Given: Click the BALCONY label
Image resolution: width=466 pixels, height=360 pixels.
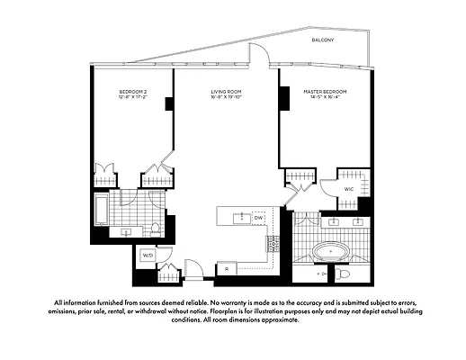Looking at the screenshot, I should coord(323,41).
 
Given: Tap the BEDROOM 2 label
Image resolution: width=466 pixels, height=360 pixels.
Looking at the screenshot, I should coord(133,92).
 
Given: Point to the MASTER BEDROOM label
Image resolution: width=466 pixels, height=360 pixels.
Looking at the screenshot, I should coord(325,92).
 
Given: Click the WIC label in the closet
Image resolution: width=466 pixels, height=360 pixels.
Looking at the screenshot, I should coord(348,190).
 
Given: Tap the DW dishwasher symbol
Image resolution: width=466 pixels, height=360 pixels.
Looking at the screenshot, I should coord(258,218).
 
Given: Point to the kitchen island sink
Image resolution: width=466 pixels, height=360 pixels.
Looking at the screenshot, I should coord(240,218).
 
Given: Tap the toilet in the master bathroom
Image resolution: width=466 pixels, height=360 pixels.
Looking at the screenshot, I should coord(343,274).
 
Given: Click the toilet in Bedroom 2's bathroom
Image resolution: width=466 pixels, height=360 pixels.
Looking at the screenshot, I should coord(156,229).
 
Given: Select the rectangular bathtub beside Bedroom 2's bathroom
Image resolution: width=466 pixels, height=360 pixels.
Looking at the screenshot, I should coord(101,211).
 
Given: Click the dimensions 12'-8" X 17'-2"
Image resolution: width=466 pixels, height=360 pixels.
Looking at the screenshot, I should coord(133,99).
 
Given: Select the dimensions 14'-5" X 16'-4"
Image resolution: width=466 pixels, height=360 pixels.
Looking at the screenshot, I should coord(325,99).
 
